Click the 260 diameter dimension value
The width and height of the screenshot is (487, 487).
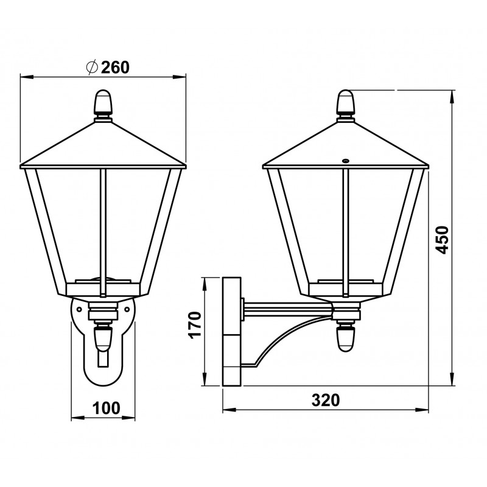pyautogui.click(x=115, y=68)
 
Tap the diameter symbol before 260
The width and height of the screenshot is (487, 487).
pyautogui.click(x=93, y=68)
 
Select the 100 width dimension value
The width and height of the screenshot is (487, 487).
pyautogui.click(x=106, y=408)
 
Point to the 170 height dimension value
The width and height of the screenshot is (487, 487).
pyautogui.click(x=195, y=325)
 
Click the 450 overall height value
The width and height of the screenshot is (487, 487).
pyautogui.click(x=442, y=239)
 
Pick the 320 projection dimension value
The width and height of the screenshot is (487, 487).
pyautogui.click(x=326, y=400)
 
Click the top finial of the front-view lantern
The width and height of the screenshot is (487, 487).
pyautogui.click(x=103, y=102)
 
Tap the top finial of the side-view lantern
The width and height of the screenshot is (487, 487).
pyautogui.click(x=346, y=102)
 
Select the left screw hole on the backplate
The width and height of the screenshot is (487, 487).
pyautogui.click(x=79, y=309)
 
